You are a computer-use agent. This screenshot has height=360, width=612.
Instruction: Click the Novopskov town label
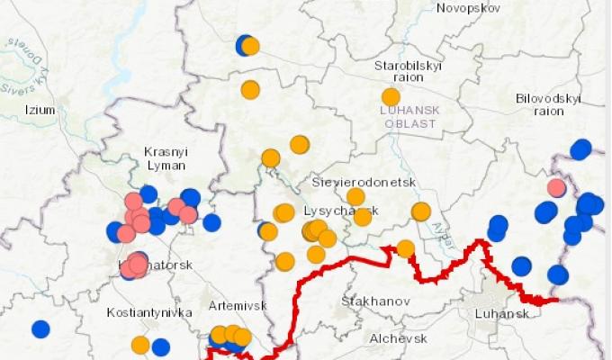[x=467, y=8]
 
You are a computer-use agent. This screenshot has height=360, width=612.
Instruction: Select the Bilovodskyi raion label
[x=548, y=103]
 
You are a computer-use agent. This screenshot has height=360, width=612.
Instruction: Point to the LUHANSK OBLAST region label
[x=409, y=115]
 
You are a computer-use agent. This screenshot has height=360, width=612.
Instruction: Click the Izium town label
[x=40, y=110]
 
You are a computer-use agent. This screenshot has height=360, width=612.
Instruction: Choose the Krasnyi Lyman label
[x=166, y=158]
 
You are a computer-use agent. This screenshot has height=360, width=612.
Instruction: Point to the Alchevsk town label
[x=398, y=338]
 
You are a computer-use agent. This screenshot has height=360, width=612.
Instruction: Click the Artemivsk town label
[x=238, y=306]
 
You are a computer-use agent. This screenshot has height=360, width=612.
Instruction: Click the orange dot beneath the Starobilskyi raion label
[x=391, y=96]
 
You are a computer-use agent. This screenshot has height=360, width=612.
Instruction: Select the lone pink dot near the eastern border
[x=556, y=187]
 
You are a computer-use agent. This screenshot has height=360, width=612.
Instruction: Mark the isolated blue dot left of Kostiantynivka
[x=40, y=328]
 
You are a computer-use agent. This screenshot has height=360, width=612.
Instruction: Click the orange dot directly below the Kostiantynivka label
[x=140, y=344]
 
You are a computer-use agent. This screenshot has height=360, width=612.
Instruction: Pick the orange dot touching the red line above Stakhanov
[x=406, y=248]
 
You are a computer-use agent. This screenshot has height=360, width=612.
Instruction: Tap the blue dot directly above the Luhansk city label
[x=521, y=265]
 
